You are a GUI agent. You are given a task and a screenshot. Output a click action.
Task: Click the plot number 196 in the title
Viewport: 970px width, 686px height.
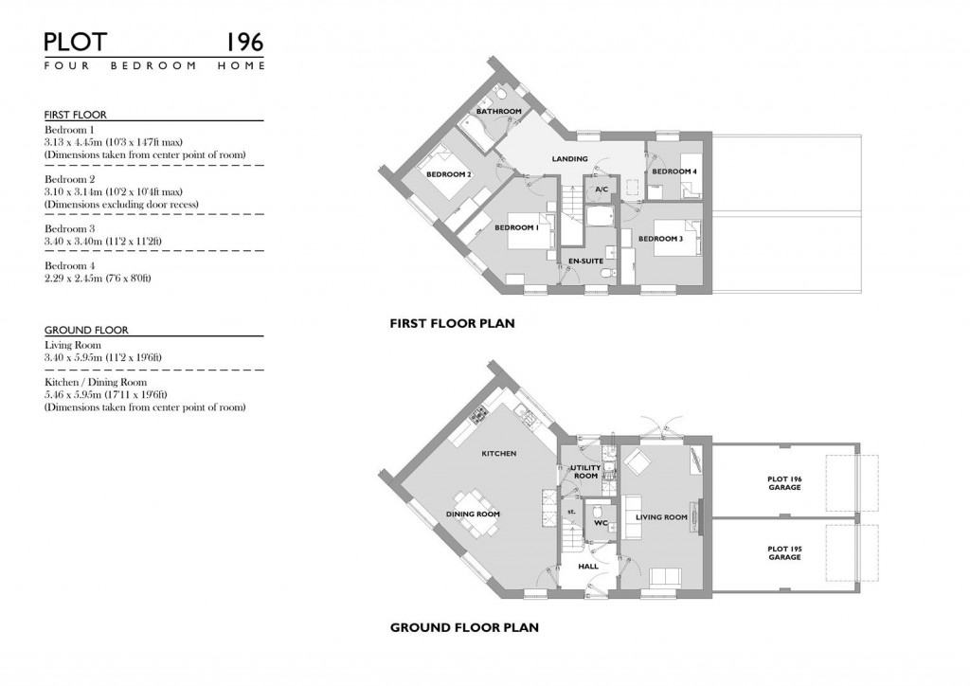(244, 42)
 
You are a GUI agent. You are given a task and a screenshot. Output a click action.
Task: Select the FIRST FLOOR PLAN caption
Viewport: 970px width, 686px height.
(452, 323)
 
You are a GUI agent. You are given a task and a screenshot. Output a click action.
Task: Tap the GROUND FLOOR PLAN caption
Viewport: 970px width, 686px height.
(464, 627)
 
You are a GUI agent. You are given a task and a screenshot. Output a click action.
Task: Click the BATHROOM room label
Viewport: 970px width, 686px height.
(498, 112)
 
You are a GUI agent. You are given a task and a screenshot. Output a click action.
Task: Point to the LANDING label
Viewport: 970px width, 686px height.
(569, 159)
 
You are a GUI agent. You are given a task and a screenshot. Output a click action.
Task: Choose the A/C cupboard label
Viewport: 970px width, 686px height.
(601, 190)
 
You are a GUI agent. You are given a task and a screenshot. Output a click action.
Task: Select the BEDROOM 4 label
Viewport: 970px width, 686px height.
(674, 171)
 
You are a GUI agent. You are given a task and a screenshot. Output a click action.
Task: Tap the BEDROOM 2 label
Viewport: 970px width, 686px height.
(448, 175)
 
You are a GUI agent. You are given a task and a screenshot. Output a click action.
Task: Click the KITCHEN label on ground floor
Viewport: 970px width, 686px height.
(498, 454)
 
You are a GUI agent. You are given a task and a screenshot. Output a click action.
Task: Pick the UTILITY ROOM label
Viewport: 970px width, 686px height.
(585, 472)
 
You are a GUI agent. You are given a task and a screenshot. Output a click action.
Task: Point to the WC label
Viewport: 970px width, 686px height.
(600, 523)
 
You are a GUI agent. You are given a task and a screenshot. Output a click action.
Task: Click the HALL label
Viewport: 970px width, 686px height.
(588, 567)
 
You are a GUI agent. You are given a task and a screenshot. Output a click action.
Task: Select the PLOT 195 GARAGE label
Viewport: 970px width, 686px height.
(784, 552)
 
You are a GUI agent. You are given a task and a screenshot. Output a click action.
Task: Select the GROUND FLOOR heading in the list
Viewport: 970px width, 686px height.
(86, 331)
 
